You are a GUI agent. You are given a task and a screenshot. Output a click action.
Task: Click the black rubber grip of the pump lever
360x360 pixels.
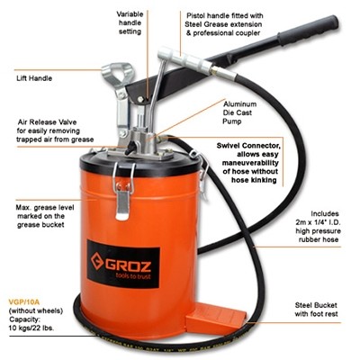[308, 31]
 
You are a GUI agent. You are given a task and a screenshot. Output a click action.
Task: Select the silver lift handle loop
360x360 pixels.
[117, 75]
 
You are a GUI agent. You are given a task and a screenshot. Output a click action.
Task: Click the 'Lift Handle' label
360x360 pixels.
[34, 78]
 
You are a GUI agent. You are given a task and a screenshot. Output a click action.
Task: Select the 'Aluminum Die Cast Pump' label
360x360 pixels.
[239, 112]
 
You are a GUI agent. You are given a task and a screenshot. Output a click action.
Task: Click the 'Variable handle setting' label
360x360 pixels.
[130, 22]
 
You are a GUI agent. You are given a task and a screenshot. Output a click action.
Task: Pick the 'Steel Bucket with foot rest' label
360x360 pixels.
[316, 310]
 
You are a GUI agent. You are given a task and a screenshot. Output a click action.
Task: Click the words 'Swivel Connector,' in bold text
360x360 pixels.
[248, 146]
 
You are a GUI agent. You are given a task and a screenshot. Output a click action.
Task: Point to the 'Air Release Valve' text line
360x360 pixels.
[48, 122]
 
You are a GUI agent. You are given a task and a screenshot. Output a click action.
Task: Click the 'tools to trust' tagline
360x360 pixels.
[133, 276]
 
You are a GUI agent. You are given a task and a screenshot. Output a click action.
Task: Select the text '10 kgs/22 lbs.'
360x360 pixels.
[31, 328]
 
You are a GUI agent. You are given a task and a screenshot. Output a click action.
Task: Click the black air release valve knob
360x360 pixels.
[130, 148]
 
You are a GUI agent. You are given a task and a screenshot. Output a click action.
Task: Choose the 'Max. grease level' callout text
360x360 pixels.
[45, 208]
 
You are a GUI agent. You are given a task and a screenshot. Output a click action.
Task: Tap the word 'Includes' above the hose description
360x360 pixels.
[325, 214]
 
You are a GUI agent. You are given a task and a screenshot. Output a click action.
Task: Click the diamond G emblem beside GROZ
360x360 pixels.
[97, 262]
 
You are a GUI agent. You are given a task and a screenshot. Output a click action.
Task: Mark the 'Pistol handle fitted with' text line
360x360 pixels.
[225, 15]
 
